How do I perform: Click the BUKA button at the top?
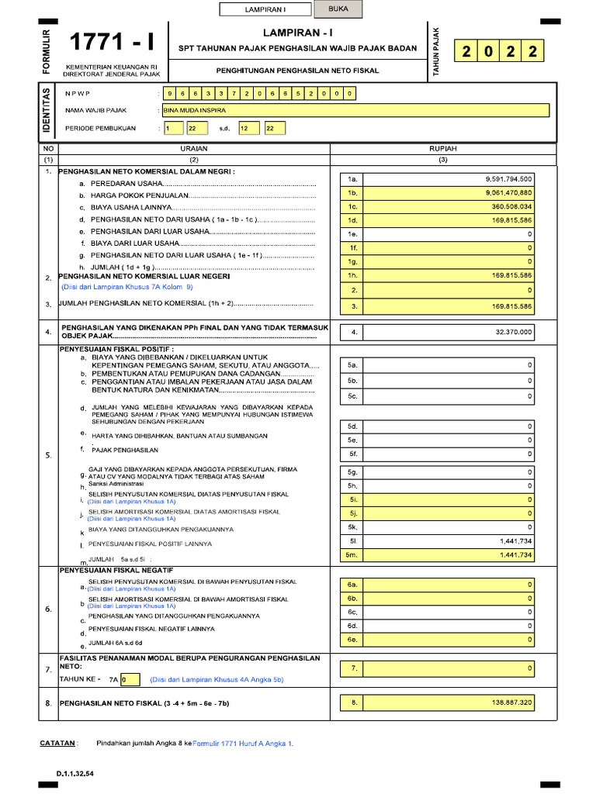(338, 9)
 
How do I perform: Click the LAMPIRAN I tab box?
(265, 10)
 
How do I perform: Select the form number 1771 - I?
(113, 44)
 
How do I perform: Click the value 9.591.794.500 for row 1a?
(508, 178)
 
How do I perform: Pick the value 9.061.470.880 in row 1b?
(508, 192)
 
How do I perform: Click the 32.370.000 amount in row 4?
(513, 332)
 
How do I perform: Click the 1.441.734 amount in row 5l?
(515, 541)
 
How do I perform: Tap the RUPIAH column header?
(443, 148)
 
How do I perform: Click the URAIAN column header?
(193, 148)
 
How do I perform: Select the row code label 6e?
(352, 640)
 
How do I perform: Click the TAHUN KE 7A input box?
(130, 680)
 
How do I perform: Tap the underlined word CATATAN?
(57, 743)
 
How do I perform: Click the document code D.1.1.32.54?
(74, 774)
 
